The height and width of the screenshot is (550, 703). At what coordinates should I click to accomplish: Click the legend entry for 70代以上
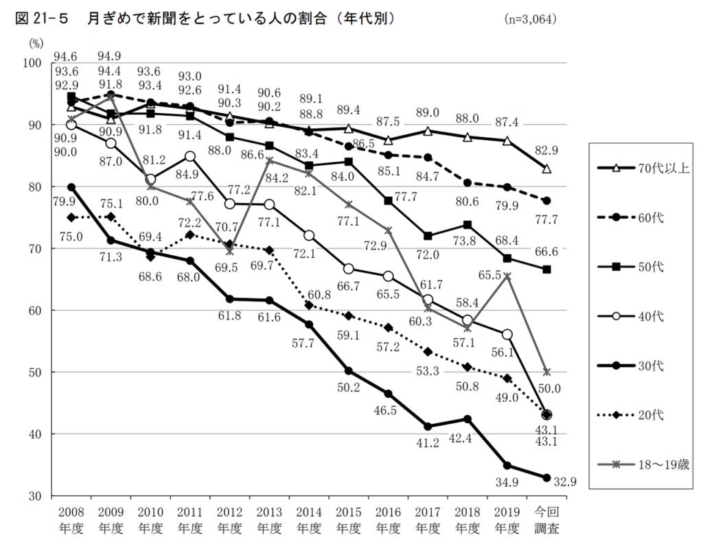(638, 168)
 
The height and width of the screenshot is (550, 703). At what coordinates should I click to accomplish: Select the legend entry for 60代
(638, 217)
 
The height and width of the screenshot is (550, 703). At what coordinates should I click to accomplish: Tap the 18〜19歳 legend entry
(638, 464)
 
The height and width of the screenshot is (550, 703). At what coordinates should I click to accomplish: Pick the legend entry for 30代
(638, 366)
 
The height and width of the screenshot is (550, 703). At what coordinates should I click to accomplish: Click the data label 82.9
(546, 150)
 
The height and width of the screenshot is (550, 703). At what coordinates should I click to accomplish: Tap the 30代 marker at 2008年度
(71, 187)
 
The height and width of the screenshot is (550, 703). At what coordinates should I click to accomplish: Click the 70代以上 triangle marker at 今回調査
(547, 169)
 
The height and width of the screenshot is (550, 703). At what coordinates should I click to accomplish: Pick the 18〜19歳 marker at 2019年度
(507, 276)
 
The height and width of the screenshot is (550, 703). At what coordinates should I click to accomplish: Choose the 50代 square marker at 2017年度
(428, 236)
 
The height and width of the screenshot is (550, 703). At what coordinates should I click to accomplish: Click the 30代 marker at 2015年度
(348, 371)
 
